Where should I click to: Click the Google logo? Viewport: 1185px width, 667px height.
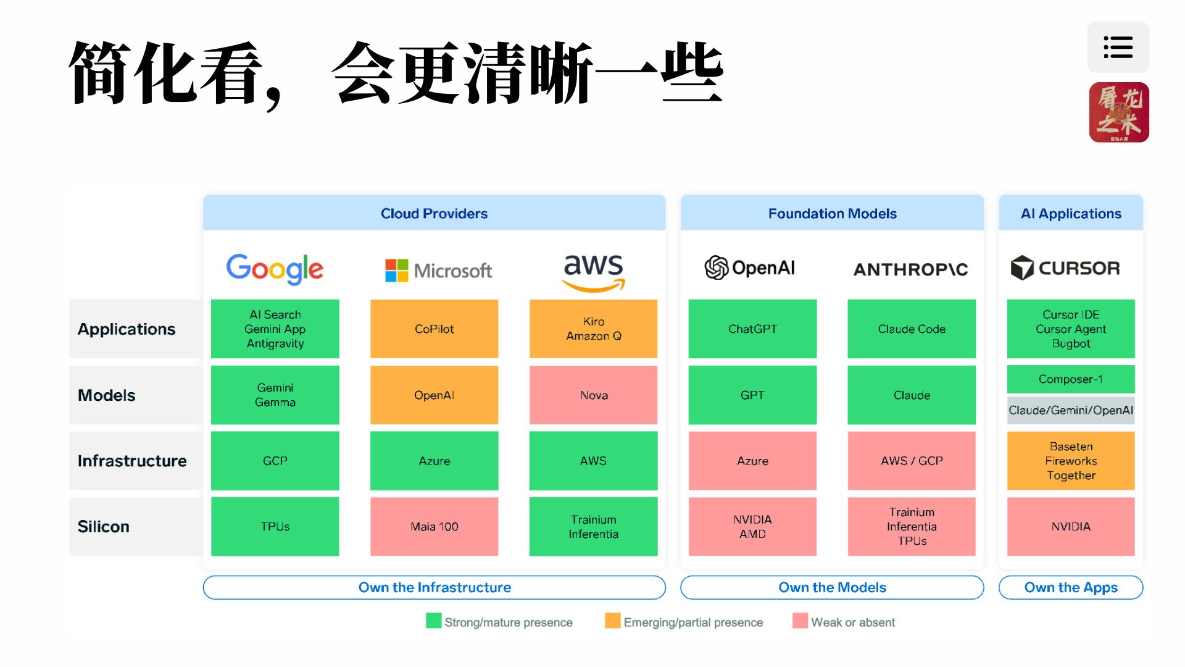[275, 269]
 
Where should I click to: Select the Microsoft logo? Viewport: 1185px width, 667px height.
[438, 271]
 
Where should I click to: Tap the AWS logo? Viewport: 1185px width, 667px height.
[593, 272]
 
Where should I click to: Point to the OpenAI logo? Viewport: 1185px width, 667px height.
[750, 267]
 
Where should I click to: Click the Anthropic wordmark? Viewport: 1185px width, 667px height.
[911, 269]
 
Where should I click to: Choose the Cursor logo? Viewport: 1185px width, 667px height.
[1065, 268]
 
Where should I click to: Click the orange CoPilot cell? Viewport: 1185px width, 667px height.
[434, 329]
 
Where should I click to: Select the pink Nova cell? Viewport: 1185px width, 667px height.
[593, 395]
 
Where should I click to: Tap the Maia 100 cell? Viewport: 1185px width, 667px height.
[434, 526]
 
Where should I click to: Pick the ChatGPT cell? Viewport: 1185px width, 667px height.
[752, 329]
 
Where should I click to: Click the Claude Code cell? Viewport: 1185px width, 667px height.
[912, 329]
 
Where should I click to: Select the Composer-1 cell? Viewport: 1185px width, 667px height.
[1071, 379]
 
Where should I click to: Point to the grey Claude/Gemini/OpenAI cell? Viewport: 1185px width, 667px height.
[1071, 410]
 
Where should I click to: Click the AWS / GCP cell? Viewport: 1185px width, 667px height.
[912, 461]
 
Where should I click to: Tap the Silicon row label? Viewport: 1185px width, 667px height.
[104, 526]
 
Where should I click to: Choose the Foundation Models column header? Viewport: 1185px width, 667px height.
[832, 214]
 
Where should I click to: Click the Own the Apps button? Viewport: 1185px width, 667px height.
[1071, 587]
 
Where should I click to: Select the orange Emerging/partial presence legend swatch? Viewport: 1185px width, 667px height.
[613, 621]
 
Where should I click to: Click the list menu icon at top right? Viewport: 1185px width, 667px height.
[1118, 47]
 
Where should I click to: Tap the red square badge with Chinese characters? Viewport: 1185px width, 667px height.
[1119, 112]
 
